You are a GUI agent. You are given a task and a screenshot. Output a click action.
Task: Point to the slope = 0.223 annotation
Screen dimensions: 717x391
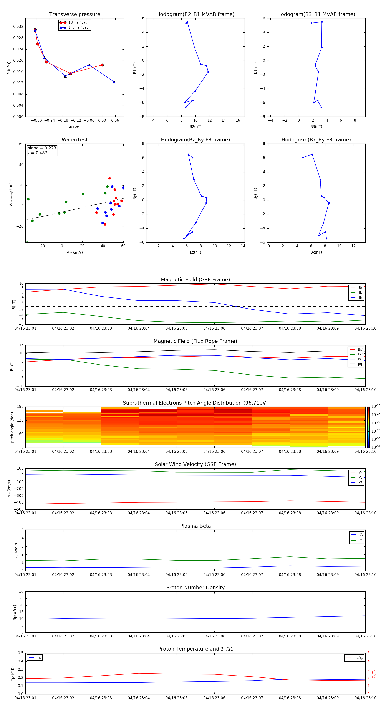coord(42,148)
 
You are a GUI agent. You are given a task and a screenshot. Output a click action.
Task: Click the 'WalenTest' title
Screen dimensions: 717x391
coord(75,140)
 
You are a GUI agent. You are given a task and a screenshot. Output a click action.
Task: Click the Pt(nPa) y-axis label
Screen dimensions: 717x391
coord(9,68)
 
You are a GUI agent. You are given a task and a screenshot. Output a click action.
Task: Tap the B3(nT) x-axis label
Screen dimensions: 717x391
coord(316,127)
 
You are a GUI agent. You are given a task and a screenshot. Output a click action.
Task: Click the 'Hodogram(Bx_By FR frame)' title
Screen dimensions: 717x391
coord(316,140)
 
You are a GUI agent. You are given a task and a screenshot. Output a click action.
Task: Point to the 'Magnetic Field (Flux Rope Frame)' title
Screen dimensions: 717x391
coord(195,341)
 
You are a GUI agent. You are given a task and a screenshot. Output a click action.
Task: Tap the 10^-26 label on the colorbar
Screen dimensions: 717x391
coord(376,406)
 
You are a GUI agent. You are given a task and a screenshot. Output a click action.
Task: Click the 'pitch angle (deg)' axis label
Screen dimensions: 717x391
coord(12,427)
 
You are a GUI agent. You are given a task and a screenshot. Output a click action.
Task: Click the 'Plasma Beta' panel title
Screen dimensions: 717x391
coord(195,526)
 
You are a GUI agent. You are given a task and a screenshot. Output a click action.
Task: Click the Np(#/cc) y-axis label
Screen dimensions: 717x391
coord(15,612)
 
